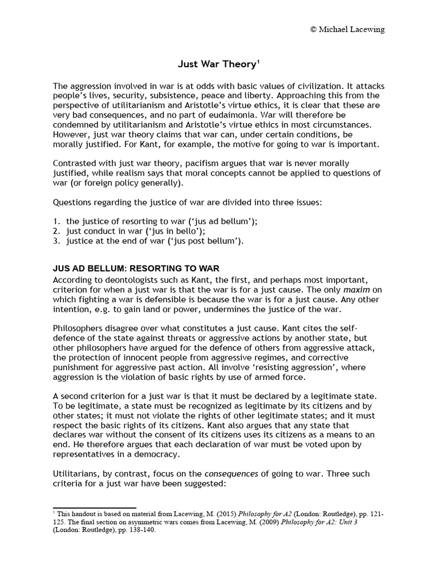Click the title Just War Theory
pos(213,64)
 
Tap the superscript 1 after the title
pos(256,61)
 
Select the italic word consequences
pos(220,474)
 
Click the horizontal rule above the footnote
pos(94,507)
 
